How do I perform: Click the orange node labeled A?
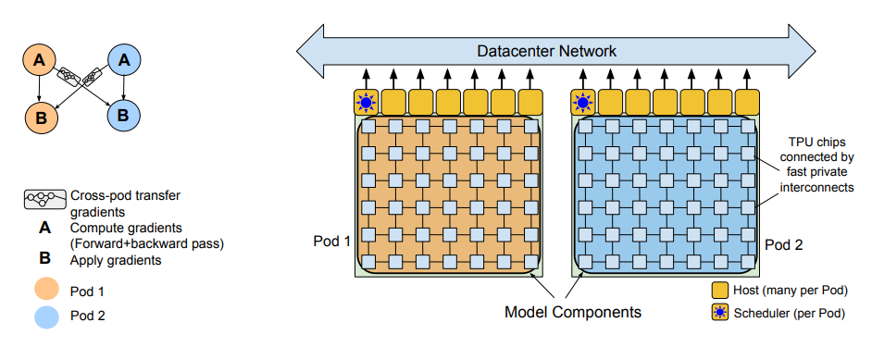(x=39, y=60)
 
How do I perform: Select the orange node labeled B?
(x=39, y=117)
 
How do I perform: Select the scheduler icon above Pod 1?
(x=367, y=101)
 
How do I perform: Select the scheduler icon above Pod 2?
(x=584, y=101)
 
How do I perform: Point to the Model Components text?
(x=572, y=312)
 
